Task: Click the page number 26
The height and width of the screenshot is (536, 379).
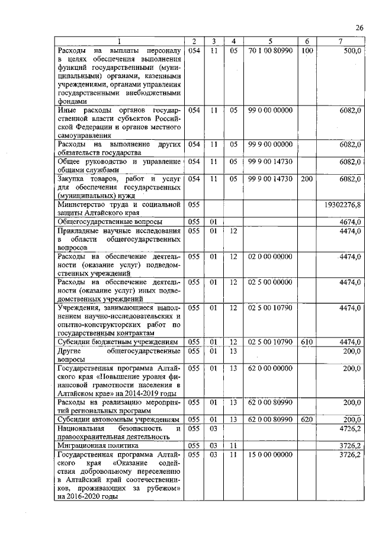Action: (x=359, y=28)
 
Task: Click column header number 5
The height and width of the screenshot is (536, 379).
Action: (x=269, y=41)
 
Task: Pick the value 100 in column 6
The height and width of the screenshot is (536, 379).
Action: (x=306, y=51)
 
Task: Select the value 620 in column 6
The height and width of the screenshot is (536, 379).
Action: (x=306, y=419)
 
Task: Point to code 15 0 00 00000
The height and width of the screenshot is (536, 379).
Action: (x=269, y=454)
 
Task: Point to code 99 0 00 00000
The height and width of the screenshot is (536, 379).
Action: (x=269, y=110)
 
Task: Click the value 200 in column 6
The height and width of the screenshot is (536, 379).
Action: (x=306, y=178)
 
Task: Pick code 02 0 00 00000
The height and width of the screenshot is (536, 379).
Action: (x=269, y=256)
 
